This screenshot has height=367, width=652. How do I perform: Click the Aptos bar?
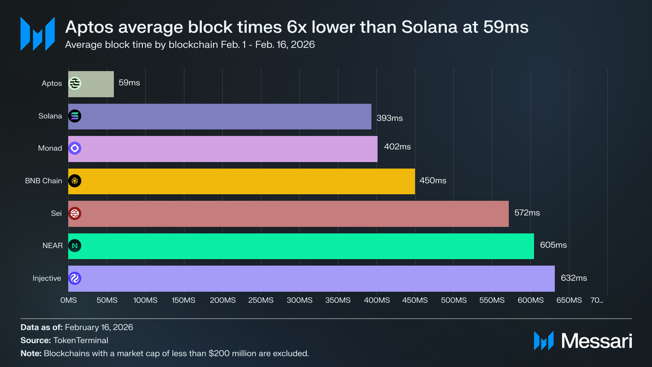(91, 84)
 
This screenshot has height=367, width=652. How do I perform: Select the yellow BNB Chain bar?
(241, 181)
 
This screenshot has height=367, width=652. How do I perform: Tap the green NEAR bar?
(301, 246)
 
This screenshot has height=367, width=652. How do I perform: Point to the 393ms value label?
(390, 118)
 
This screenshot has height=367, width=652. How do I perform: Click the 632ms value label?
(574, 278)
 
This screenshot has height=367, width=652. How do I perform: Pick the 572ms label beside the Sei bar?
(527, 213)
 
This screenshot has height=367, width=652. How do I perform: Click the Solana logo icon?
(75, 116)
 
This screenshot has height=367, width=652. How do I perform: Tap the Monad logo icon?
(75, 148)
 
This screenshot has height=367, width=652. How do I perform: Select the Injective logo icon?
(75, 278)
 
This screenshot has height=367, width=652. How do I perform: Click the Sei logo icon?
(75, 213)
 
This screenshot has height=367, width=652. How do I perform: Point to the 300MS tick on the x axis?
(300, 300)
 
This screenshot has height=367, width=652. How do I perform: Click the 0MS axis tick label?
(68, 300)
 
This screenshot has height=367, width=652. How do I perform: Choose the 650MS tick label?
(569, 300)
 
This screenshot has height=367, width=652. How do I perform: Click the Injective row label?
(47, 278)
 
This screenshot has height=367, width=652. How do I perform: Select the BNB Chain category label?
(44, 181)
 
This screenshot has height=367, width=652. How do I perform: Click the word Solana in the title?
(429, 27)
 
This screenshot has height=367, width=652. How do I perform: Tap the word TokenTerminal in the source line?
(81, 340)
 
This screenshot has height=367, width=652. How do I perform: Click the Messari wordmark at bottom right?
(597, 341)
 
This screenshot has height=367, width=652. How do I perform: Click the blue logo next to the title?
(38, 34)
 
